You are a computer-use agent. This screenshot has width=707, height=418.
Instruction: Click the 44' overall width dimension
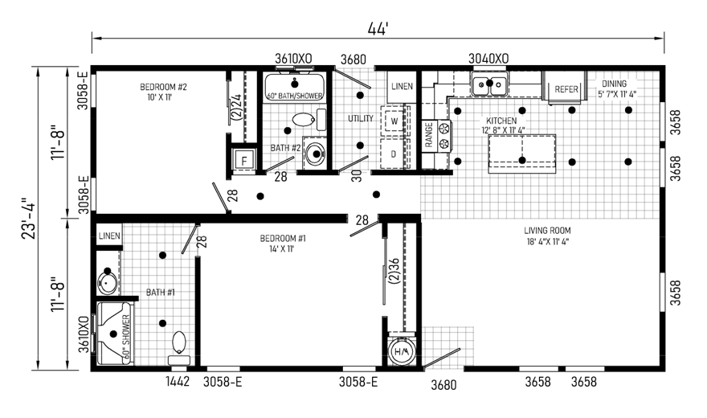pyautogui.click(x=378, y=29)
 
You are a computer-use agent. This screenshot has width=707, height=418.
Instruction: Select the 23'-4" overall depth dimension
pyautogui.click(x=29, y=218)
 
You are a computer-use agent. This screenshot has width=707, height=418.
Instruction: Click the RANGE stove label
pyautogui.click(x=429, y=135)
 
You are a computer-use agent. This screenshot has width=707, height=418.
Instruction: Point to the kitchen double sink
pyautogui.click(x=489, y=84)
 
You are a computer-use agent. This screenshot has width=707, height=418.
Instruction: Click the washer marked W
pyautogui.click(x=394, y=121)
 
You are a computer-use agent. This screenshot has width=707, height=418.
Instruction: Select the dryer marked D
pyautogui.click(x=394, y=154)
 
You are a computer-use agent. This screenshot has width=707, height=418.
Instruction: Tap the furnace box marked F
pyautogui.click(x=244, y=161)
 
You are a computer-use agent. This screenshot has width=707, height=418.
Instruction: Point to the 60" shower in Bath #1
pyautogui.click(x=114, y=334)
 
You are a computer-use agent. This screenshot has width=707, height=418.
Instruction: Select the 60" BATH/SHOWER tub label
pyautogui.click(x=295, y=96)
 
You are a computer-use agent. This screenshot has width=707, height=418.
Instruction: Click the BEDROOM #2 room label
pyautogui.click(x=163, y=87)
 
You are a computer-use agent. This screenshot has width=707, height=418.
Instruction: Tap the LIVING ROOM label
pyautogui.click(x=547, y=231)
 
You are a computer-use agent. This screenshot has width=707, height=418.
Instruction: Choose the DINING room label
pyautogui.click(x=614, y=84)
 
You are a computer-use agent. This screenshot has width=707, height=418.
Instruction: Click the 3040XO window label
pyautogui.click(x=488, y=58)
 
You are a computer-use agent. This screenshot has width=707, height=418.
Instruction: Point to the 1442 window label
pyautogui.click(x=178, y=382)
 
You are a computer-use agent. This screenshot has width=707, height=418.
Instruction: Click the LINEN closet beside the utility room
pyautogui.click(x=402, y=86)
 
